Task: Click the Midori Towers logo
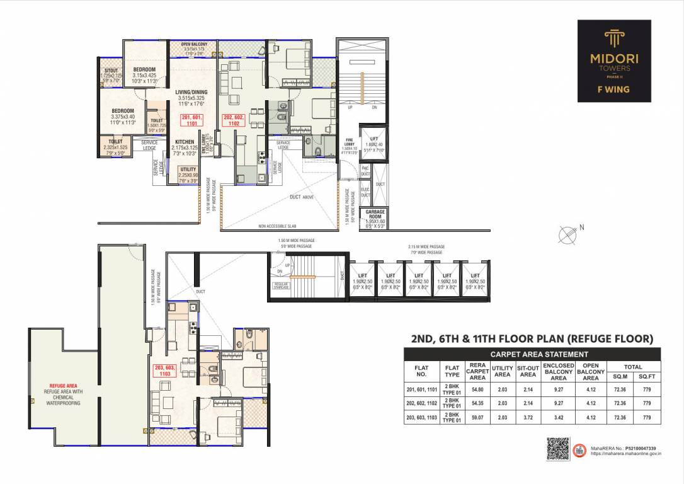pos(614,60)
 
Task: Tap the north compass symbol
pos(569,235)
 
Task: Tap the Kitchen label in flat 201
pos(185,142)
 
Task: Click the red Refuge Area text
pos(64,386)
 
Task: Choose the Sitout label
pos(111,71)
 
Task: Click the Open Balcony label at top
pos(194,44)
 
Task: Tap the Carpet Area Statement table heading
pos(532,354)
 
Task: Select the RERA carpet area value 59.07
pos(477,417)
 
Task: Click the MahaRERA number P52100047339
pos(637,447)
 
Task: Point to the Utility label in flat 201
pos(188,170)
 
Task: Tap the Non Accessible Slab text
pos(282,226)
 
